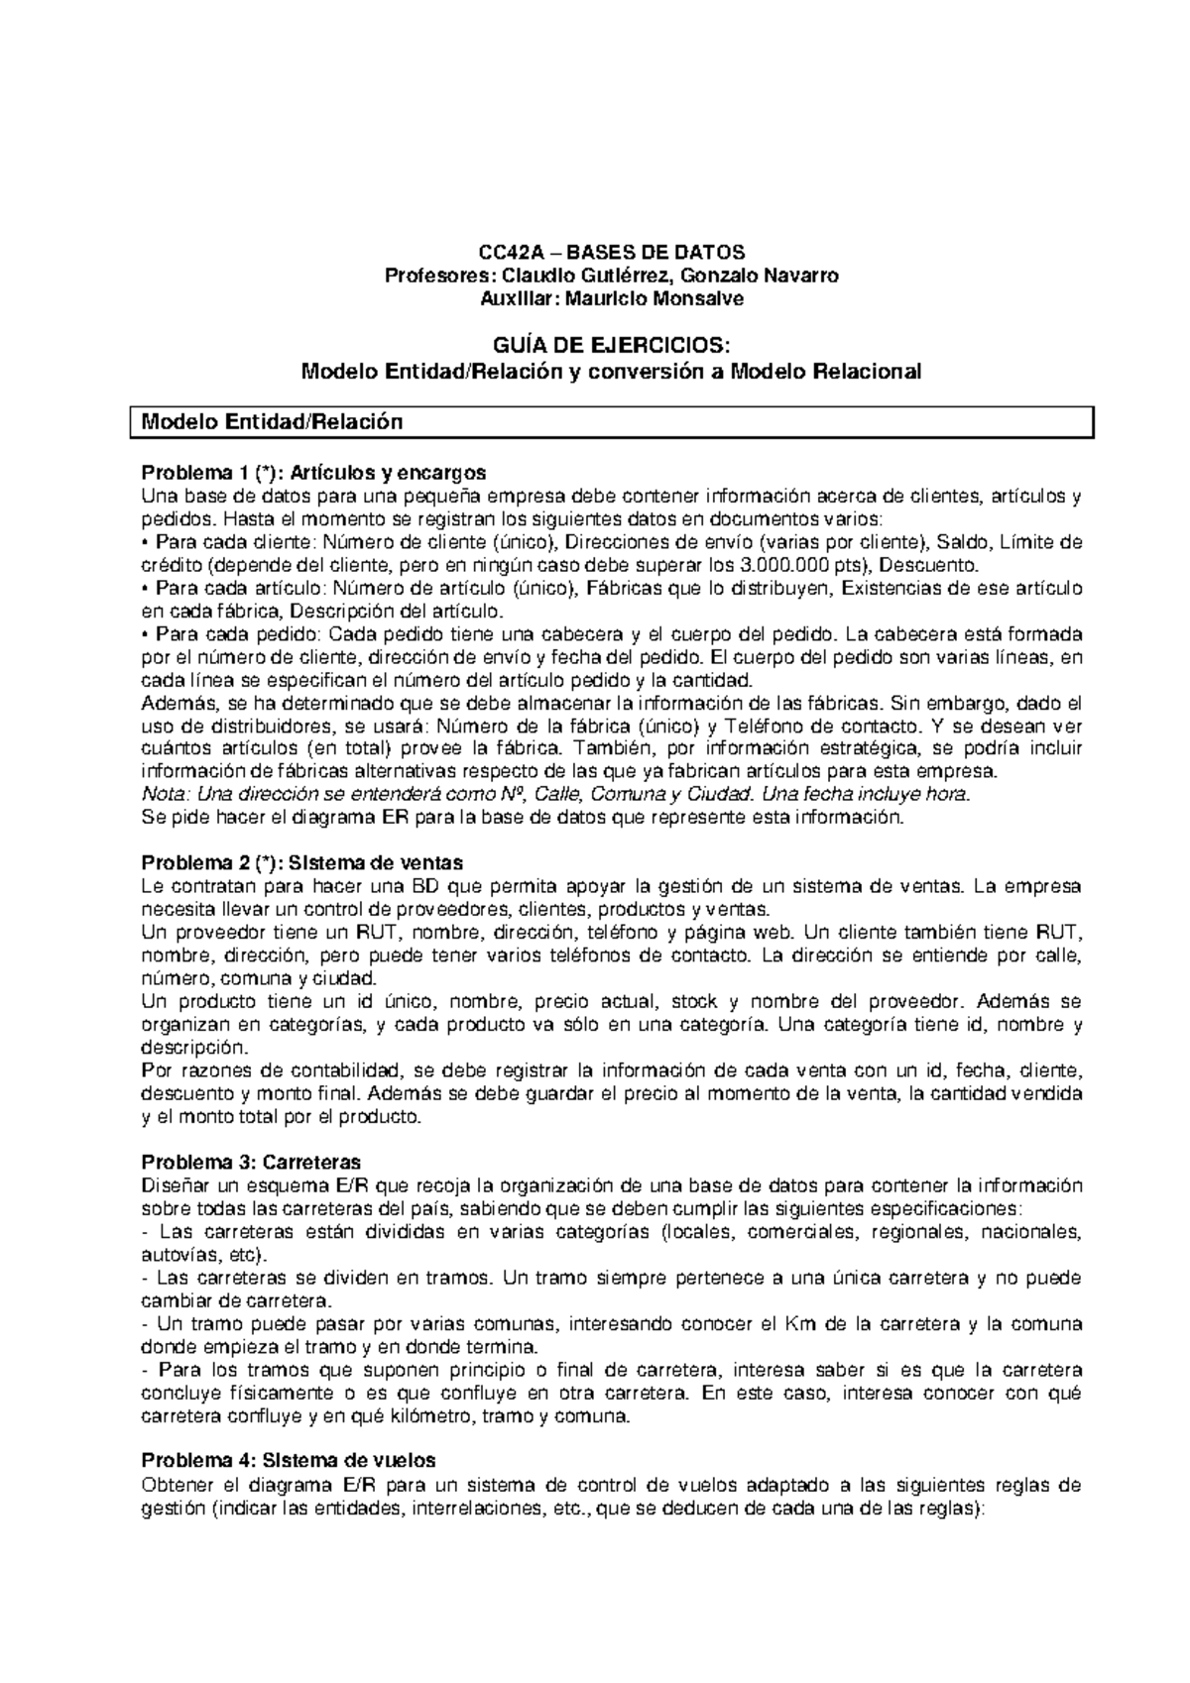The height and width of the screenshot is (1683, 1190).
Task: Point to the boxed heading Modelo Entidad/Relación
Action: click(273, 421)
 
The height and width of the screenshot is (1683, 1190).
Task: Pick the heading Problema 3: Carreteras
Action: click(251, 1161)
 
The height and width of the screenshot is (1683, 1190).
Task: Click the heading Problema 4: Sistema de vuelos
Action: click(289, 1460)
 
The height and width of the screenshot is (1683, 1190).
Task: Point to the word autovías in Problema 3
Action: click(175, 1254)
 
